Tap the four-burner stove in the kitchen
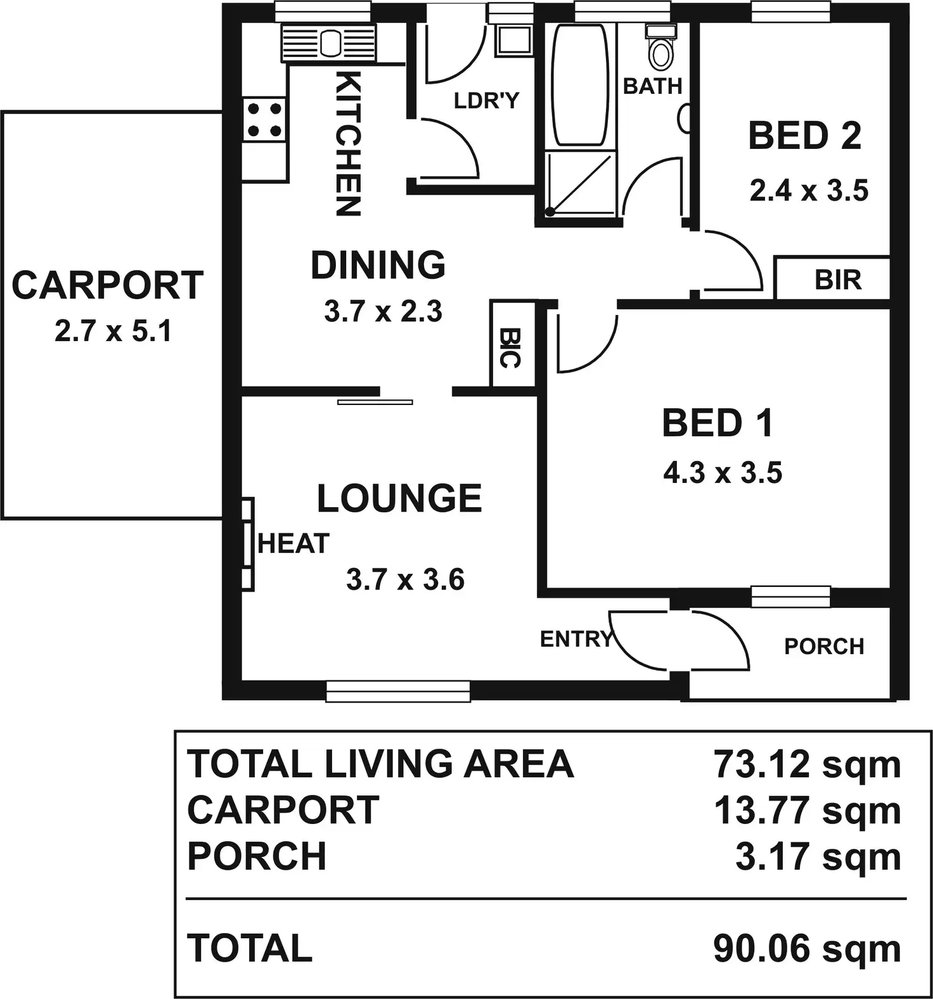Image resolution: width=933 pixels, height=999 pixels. coord(264,120)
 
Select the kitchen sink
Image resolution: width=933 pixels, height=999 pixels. coord(328,43)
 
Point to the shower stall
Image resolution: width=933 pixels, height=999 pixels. coord(581,183)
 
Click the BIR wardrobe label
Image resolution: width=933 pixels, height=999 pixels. coord(838,280)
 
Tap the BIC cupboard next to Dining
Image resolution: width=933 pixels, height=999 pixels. coord(509,347)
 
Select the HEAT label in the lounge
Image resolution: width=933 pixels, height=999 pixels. coord(293,544)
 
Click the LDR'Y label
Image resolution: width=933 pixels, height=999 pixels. coord(486,100)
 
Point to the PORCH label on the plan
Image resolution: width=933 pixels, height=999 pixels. coord(824,646)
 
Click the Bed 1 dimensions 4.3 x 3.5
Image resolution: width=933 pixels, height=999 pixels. coord(723,473)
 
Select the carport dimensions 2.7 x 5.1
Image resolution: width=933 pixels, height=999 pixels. coord(113,331)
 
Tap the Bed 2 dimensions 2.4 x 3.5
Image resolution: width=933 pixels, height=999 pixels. coord(809,190)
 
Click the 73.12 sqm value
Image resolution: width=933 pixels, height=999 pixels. coord(807,764)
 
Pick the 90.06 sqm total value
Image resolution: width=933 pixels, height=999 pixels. coord(807,949)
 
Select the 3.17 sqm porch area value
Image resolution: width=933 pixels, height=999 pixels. coord(818,856)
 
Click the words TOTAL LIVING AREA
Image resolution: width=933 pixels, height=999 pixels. coord(380,764)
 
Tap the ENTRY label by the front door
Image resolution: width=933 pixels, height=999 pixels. coord(576,640)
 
